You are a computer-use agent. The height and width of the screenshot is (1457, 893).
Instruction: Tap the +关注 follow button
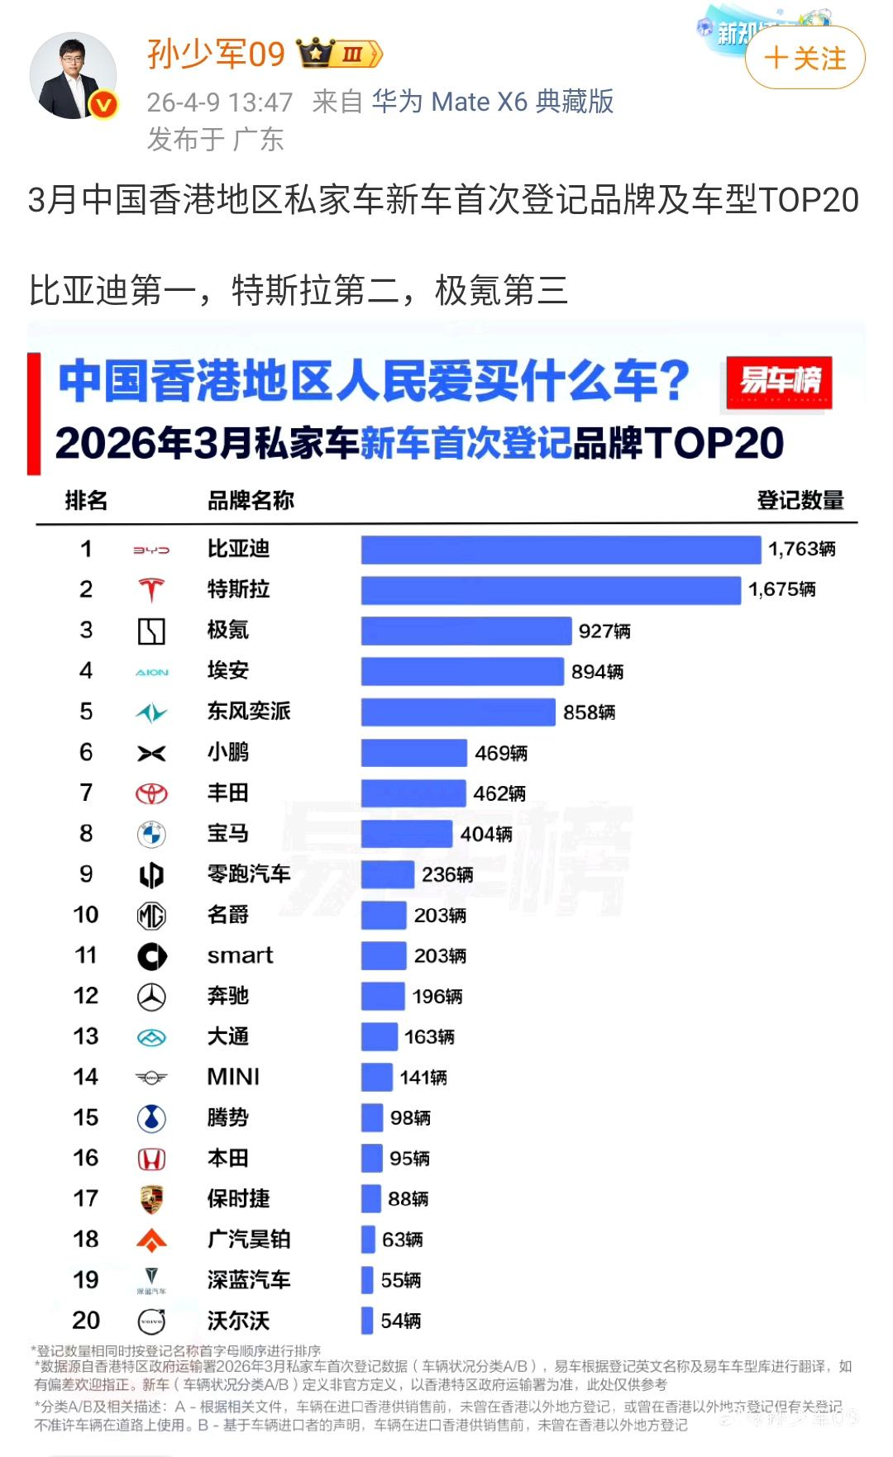[x=805, y=58]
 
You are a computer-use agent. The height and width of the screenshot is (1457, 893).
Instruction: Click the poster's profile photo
[x=73, y=76]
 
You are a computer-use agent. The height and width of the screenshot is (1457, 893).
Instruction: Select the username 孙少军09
[x=216, y=55]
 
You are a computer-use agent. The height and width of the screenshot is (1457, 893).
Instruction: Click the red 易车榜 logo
[x=779, y=382]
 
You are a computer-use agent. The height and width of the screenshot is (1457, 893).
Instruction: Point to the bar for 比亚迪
[x=561, y=550]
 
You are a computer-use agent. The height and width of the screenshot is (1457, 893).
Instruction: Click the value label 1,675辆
[x=781, y=589]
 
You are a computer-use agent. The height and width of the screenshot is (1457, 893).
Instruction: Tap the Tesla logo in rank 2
[x=151, y=590]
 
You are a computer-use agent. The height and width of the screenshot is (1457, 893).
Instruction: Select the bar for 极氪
[x=466, y=631]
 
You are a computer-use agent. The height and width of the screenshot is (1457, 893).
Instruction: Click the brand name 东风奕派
[x=248, y=712]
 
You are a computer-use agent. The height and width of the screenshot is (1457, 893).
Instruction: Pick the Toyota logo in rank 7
[x=151, y=793]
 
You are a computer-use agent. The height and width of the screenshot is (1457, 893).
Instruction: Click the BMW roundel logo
[x=151, y=835]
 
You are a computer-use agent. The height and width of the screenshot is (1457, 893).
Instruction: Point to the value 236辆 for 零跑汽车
[x=447, y=874]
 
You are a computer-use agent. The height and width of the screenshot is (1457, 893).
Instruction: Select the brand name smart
[x=240, y=955]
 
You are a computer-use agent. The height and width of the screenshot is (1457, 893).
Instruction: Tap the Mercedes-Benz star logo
[x=151, y=997]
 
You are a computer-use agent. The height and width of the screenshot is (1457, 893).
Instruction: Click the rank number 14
[x=85, y=1077]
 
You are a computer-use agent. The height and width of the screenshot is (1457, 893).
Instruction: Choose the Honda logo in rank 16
[x=151, y=1159]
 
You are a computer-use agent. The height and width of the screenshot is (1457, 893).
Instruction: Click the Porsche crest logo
[x=151, y=1199]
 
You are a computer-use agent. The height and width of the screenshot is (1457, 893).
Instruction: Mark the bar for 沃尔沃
[x=367, y=1321]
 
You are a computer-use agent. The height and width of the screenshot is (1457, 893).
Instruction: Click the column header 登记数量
[x=800, y=501]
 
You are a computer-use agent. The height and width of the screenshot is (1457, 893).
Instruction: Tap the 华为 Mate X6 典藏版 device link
[x=492, y=102]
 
